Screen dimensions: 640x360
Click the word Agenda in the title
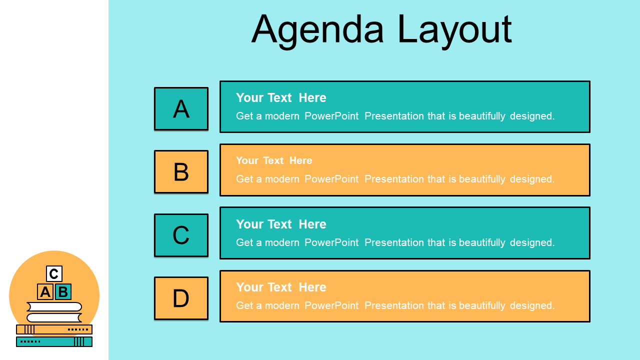(317, 31)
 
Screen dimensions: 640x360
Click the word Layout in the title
(454, 31)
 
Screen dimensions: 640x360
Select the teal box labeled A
(181, 108)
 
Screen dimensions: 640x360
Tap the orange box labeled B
(181, 171)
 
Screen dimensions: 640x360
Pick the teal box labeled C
(181, 235)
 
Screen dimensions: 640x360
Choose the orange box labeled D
(181, 298)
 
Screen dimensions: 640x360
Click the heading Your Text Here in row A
(281, 97)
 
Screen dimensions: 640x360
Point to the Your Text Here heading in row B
(274, 160)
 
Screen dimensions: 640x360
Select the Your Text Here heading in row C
(281, 224)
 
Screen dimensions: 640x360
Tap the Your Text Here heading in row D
(281, 287)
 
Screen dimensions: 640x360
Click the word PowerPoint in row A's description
(331, 116)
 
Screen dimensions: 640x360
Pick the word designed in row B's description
(532, 179)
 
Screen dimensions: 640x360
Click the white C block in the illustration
(54, 273)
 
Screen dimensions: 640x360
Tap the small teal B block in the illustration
(63, 291)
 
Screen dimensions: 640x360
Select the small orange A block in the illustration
(45, 291)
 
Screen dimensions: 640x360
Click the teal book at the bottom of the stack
(54, 341)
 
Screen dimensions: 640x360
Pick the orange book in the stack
(54, 329)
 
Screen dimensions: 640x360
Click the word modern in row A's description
(282, 116)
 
